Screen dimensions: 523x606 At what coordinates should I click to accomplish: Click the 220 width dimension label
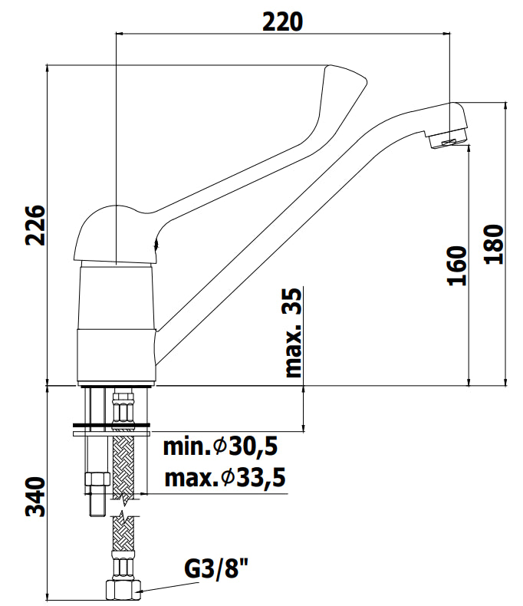pyautogui.click(x=283, y=21)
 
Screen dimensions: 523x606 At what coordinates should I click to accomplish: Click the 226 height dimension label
pyautogui.click(x=35, y=226)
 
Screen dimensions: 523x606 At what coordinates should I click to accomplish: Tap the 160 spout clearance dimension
pyautogui.click(x=457, y=266)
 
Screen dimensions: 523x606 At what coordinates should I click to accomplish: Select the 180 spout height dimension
pyautogui.click(x=494, y=244)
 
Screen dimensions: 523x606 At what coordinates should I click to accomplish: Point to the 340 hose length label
pyautogui.click(x=35, y=497)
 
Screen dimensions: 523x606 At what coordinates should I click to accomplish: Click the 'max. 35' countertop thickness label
pyautogui.click(x=293, y=332)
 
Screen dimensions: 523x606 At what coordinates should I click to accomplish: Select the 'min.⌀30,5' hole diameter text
pyautogui.click(x=220, y=446)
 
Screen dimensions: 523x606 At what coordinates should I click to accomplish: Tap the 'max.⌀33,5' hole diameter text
pyautogui.click(x=225, y=478)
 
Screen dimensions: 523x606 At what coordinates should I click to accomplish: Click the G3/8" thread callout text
pyautogui.click(x=216, y=569)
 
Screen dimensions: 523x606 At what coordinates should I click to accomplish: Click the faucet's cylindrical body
pyautogui.click(x=117, y=323)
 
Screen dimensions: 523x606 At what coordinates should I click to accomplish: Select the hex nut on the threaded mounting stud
pyautogui.click(x=97, y=481)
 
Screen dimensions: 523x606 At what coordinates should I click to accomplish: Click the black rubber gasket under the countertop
pyautogui.click(x=111, y=426)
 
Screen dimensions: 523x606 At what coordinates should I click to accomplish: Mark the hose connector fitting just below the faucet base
pyautogui.click(x=123, y=409)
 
